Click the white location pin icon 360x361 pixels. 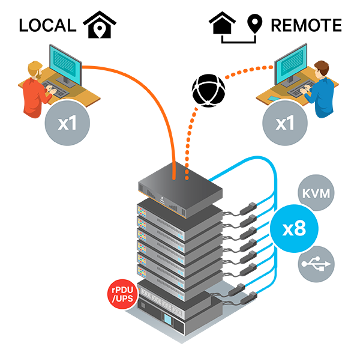coord(100,29)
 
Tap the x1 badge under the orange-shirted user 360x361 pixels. coord(68,123)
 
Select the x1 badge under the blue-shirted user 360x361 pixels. coord(285,124)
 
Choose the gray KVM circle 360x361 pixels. coord(316,194)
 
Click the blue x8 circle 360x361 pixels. coord(293,229)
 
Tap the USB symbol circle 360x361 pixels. coord(316,264)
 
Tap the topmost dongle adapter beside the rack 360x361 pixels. coord(248,208)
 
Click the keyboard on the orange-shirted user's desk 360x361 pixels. coord(61,91)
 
